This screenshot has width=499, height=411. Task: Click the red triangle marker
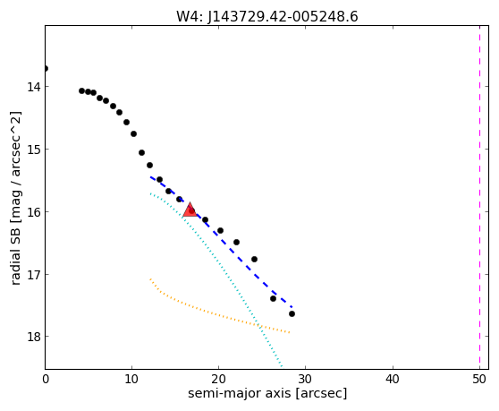pyautogui.click(x=190, y=210)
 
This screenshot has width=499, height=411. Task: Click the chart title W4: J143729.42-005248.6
pyautogui.click(x=267, y=17)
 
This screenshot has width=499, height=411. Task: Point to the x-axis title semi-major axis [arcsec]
pyautogui.click(x=267, y=393)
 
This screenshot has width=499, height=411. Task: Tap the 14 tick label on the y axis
pyautogui.click(x=33, y=87)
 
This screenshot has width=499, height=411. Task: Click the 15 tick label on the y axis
pyautogui.click(x=33, y=150)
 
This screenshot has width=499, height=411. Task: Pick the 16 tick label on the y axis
pyautogui.click(x=33, y=212)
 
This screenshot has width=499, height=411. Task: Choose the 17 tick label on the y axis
pyautogui.click(x=33, y=274)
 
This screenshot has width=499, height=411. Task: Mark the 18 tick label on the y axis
pyautogui.click(x=33, y=337)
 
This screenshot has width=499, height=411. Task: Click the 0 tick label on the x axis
pyautogui.click(x=46, y=380)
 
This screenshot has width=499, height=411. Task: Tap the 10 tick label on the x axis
pyautogui.click(x=131, y=380)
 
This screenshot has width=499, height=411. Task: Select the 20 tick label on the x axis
pyautogui.click(x=218, y=380)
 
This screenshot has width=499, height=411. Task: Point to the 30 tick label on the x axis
pyautogui.click(x=306, y=380)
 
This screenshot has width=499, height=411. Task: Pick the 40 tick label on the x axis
pyautogui.click(x=393, y=380)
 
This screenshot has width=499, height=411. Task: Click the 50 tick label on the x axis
pyautogui.click(x=479, y=380)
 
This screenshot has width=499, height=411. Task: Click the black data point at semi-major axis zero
pyautogui.click(x=46, y=68)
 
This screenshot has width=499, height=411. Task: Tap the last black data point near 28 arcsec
pyautogui.click(x=292, y=313)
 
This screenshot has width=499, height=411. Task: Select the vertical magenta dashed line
pyautogui.click(x=479, y=198)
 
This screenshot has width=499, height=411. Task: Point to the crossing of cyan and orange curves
pyautogui.click(x=260, y=326)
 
